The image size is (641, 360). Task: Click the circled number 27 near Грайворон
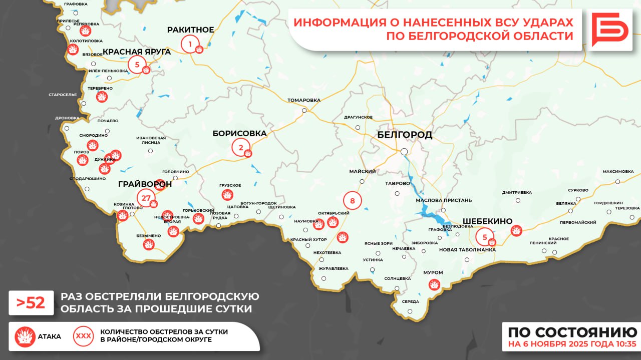(x=146, y=198)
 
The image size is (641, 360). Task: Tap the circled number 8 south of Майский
(x=352, y=201)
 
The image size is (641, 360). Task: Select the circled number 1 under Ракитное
(x=189, y=45)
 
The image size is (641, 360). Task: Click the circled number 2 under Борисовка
(x=240, y=147)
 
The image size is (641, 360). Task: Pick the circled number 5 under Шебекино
(x=484, y=236)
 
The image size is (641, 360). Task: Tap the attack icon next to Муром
(x=434, y=285)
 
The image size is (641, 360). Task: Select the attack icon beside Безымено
(x=148, y=244)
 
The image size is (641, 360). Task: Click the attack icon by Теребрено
(x=102, y=97)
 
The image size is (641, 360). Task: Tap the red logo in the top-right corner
(x=609, y=30)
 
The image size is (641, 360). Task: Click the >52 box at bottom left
(x=31, y=303)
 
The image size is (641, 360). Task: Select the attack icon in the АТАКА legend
(x=25, y=336)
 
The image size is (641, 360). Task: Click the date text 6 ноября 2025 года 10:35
(x=572, y=344)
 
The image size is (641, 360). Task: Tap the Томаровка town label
(x=304, y=100)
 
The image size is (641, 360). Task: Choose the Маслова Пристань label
(x=444, y=200)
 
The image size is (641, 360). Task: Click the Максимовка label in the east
(x=618, y=172)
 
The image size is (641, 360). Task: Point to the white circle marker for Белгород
(x=404, y=151)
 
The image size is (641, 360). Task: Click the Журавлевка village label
(x=333, y=268)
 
